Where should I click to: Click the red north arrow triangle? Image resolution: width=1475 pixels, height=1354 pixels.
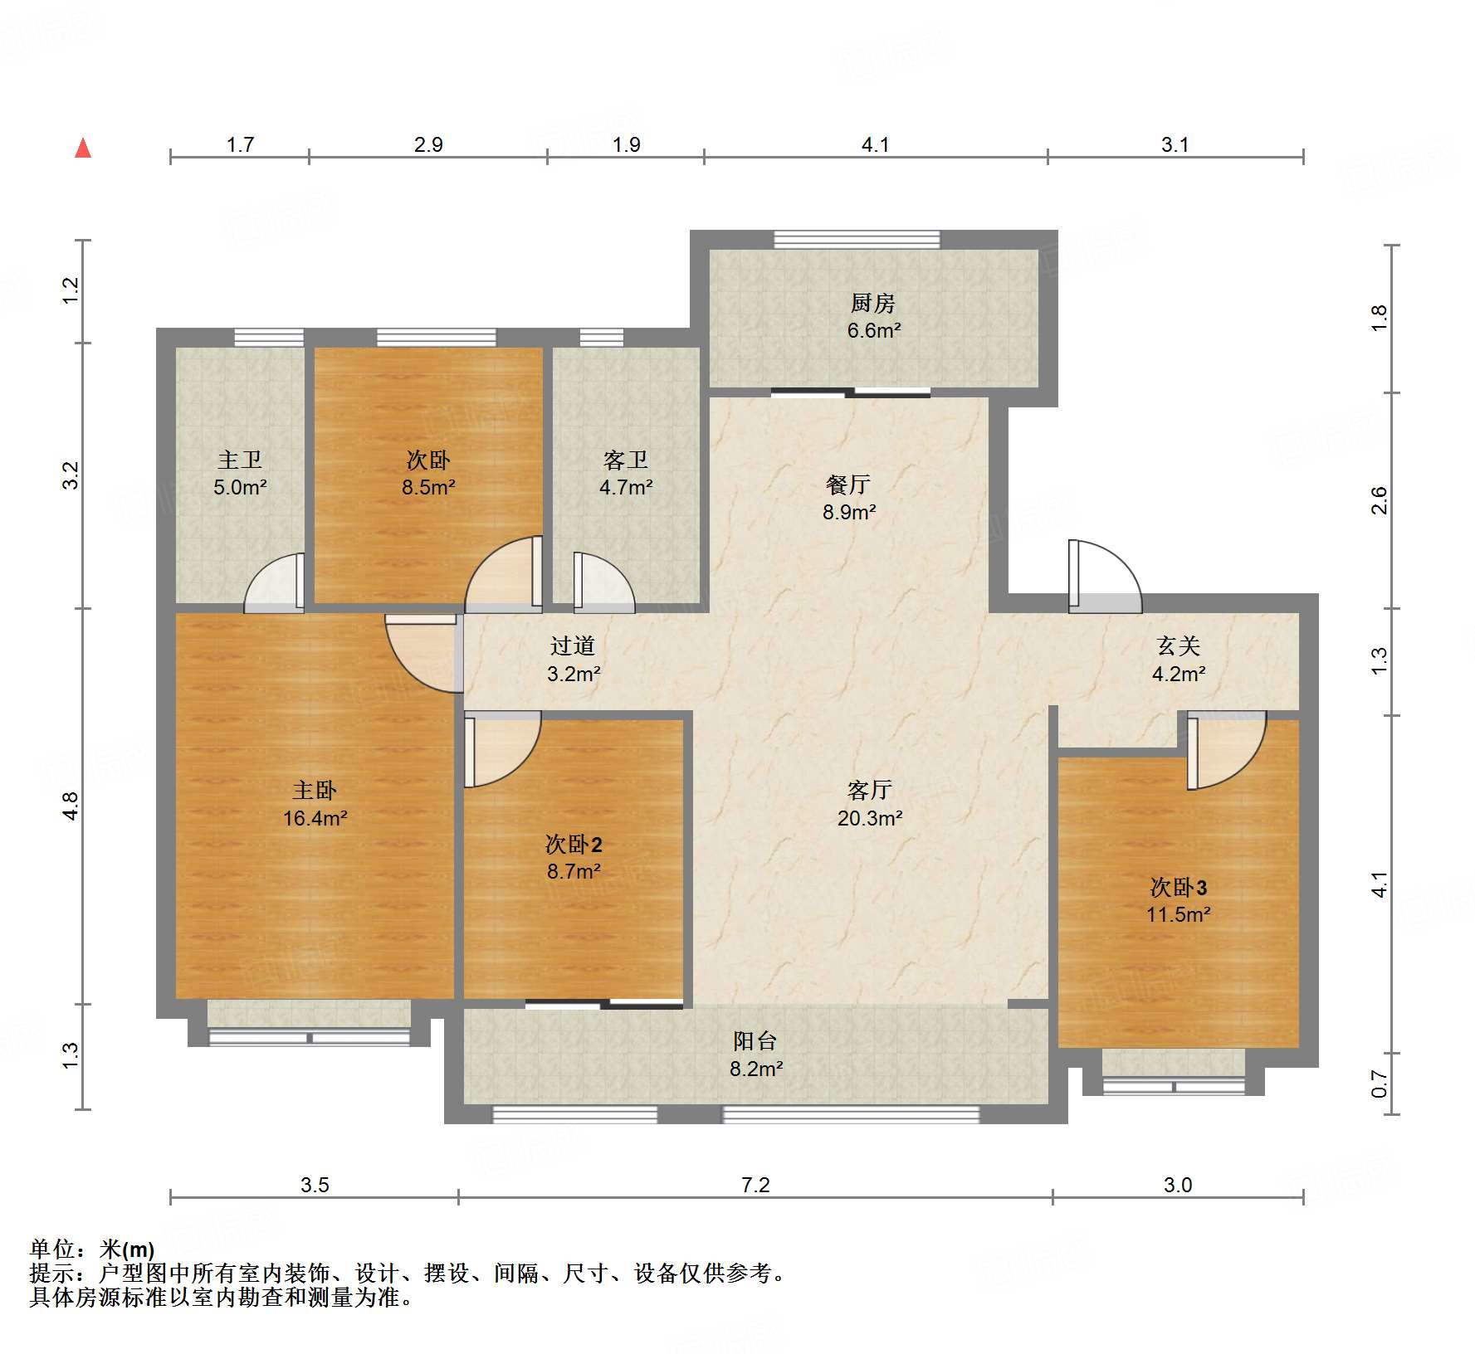pyautogui.click(x=83, y=148)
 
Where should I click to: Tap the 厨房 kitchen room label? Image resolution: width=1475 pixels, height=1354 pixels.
pyautogui.click(x=873, y=304)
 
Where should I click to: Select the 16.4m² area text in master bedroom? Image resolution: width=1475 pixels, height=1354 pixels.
pyautogui.click(x=315, y=818)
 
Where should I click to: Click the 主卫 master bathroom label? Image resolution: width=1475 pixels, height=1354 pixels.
pyautogui.click(x=240, y=460)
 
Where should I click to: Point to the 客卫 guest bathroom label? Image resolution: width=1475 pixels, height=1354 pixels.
pyautogui.click(x=626, y=460)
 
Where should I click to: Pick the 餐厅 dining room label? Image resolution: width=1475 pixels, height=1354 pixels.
pyautogui.click(x=848, y=485)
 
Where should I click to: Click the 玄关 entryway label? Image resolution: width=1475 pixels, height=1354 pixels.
pyautogui.click(x=1179, y=645)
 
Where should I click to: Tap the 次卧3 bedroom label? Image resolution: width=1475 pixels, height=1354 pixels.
pyautogui.click(x=1179, y=887)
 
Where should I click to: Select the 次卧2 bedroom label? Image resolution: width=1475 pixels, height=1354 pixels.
pyautogui.click(x=574, y=845)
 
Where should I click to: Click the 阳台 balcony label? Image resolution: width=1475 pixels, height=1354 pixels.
pyautogui.click(x=755, y=1041)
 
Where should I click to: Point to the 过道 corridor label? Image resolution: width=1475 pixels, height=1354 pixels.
pyautogui.click(x=573, y=645)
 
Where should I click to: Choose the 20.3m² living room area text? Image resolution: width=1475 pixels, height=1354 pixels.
pyautogui.click(x=870, y=818)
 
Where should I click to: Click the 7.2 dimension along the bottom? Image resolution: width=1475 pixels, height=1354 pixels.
pyautogui.click(x=755, y=1184)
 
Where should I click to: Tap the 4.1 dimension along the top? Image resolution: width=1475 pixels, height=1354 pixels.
pyautogui.click(x=875, y=144)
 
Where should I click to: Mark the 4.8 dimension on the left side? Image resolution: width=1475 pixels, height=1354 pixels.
pyautogui.click(x=71, y=806)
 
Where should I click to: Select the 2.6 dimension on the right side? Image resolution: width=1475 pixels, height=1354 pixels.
pyautogui.click(x=1379, y=500)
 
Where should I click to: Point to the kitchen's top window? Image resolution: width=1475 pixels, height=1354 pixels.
pyautogui.click(x=857, y=240)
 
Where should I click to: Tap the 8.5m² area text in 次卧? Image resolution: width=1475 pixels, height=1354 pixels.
pyautogui.click(x=428, y=487)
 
